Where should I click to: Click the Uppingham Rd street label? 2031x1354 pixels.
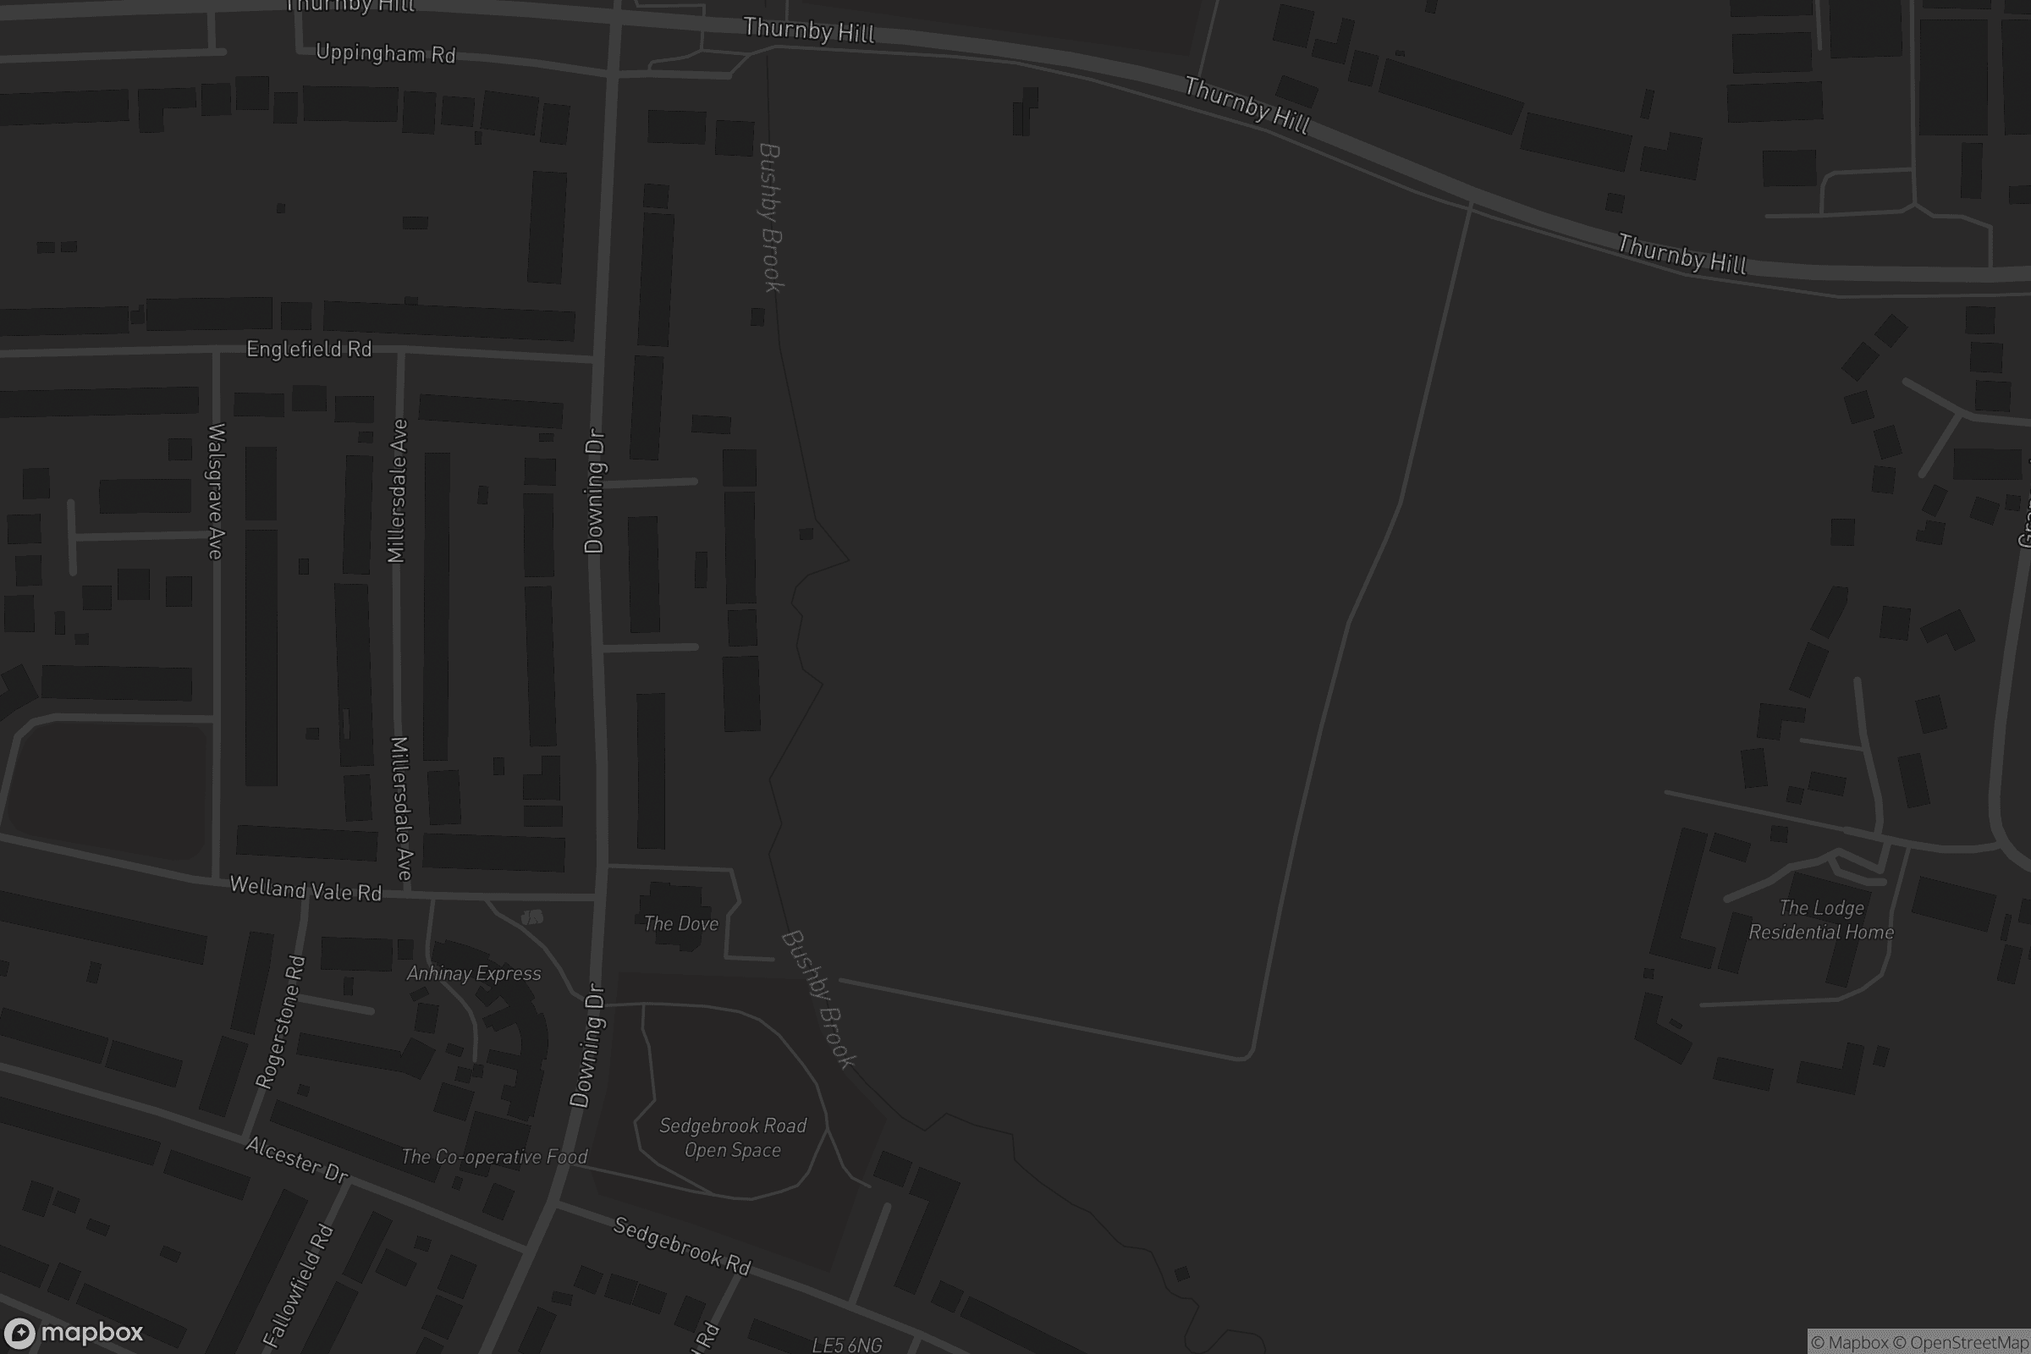click(385, 53)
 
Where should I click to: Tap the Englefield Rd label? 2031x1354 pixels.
click(309, 349)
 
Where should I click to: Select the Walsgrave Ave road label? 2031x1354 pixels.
click(216, 491)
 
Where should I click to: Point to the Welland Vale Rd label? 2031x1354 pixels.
click(305, 889)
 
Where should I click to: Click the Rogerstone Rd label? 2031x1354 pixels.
click(281, 1021)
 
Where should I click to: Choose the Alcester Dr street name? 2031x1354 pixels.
click(296, 1159)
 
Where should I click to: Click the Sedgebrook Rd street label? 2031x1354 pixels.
click(681, 1245)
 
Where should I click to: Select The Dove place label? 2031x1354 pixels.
click(680, 923)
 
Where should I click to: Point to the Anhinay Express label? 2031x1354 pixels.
click(474, 973)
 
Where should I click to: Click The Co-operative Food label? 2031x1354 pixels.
click(494, 1156)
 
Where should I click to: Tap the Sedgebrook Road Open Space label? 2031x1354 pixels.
click(732, 1137)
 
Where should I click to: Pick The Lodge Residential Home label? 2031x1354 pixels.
click(1821, 920)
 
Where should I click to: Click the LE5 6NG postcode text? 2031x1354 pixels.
click(846, 1345)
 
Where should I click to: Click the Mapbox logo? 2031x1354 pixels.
click(73, 1332)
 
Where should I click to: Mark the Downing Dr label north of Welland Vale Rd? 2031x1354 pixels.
click(595, 491)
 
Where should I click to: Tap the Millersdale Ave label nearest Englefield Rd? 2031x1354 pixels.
click(397, 491)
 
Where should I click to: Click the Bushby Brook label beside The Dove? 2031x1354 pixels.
click(817, 999)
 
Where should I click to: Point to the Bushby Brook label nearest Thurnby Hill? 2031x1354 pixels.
click(770, 217)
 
